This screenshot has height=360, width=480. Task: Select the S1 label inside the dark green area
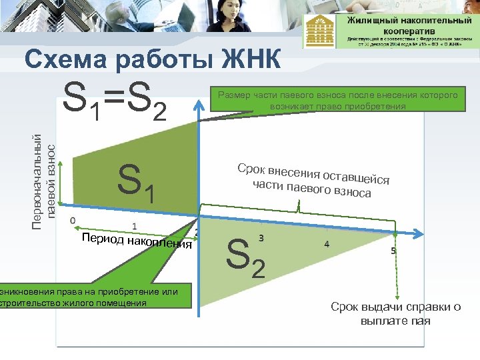pos(136,184)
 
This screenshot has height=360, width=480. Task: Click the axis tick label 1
pos(135,226)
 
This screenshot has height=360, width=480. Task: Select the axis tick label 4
pos(326,244)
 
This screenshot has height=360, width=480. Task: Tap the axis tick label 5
pos(393,251)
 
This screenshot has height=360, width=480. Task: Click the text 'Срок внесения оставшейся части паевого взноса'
pos(313,180)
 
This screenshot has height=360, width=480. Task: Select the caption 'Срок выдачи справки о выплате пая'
pos(395,313)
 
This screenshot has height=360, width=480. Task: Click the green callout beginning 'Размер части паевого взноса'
pos(337,101)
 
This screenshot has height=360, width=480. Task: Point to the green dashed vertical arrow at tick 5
pos(397,267)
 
